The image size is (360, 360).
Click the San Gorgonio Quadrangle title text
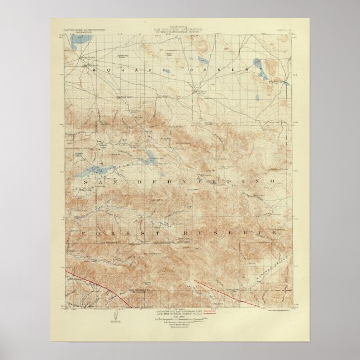[x=180, y=29]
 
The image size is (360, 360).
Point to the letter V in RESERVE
[x=261, y=231]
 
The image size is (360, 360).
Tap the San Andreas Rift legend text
[x=181, y=311]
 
